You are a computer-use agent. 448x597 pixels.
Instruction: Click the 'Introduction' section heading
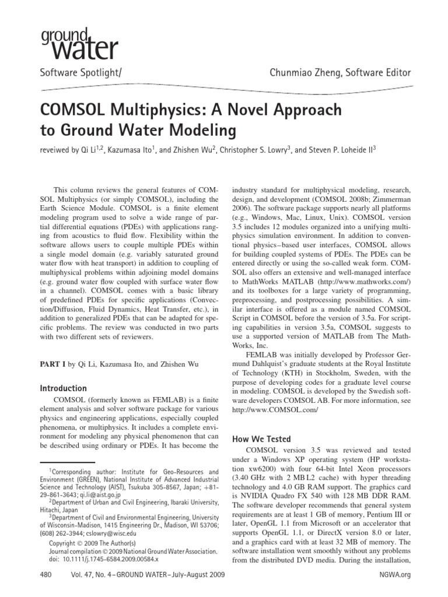(x=63, y=388)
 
